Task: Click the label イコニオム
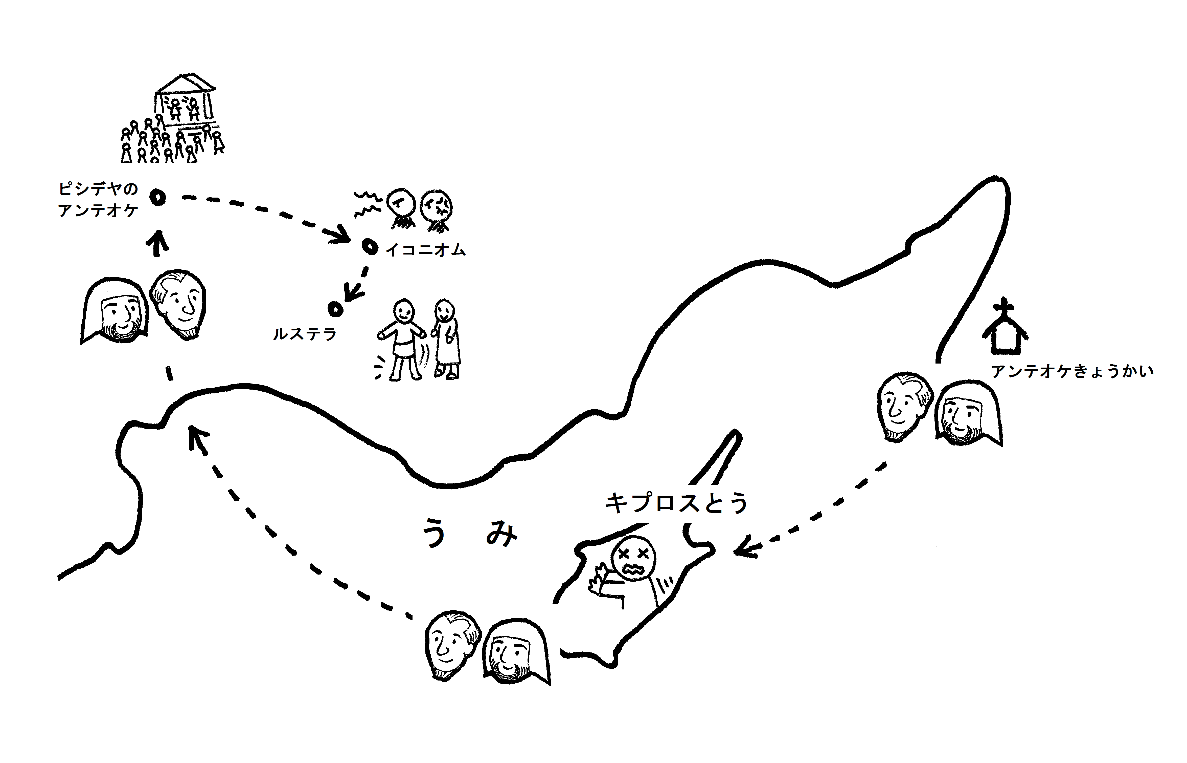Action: pyautogui.click(x=426, y=250)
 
